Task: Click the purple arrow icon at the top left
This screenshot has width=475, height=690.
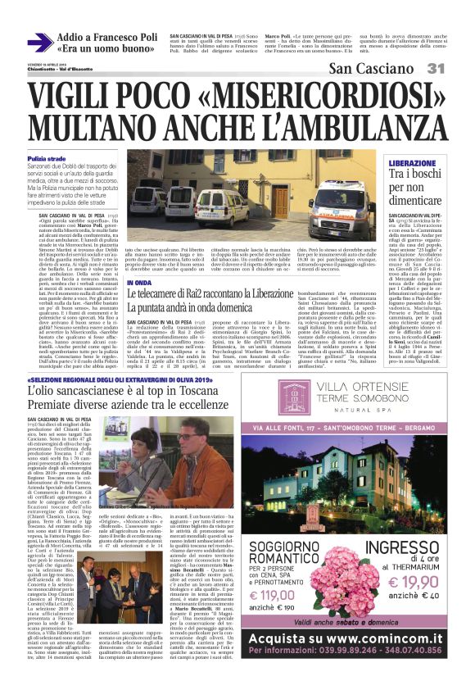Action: coord(39,43)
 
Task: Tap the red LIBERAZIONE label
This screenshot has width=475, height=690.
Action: coord(407,164)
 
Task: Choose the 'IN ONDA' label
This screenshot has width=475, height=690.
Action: coord(139,283)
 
